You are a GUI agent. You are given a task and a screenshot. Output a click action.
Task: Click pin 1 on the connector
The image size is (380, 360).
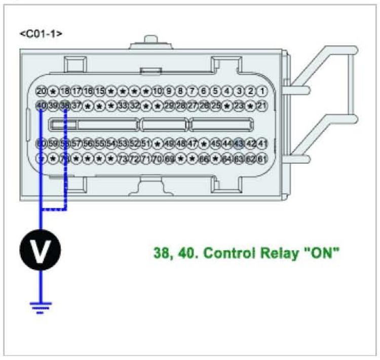tap(262, 91)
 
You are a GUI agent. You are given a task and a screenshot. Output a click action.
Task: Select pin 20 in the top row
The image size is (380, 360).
tap(42, 91)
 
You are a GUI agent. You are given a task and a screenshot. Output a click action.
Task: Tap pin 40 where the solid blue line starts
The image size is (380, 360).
tap(42, 105)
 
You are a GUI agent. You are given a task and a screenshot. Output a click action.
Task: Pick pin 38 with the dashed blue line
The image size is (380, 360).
tap(65, 105)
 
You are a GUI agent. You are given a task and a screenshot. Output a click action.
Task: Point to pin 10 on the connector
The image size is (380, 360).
tap(157, 91)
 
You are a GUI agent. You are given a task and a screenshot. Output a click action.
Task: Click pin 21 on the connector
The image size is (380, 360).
tap(262, 105)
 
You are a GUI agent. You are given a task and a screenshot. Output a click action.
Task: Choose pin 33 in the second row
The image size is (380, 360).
tap(123, 105)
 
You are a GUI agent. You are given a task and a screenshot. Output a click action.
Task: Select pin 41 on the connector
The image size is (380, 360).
tap(262, 144)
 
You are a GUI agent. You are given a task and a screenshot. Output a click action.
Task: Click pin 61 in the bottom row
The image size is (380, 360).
tap(262, 159)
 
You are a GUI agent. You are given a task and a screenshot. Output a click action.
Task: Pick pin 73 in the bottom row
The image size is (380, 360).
tap(123, 159)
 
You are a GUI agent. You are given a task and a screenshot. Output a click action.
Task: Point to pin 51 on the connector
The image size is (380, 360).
tap(146, 144)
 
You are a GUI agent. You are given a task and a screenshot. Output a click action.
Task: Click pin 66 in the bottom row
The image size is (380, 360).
tap(204, 159)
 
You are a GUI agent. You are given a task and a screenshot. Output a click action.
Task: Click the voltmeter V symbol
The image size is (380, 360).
tap(40, 249)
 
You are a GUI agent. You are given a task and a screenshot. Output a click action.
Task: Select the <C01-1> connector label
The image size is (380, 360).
tap(41, 34)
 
